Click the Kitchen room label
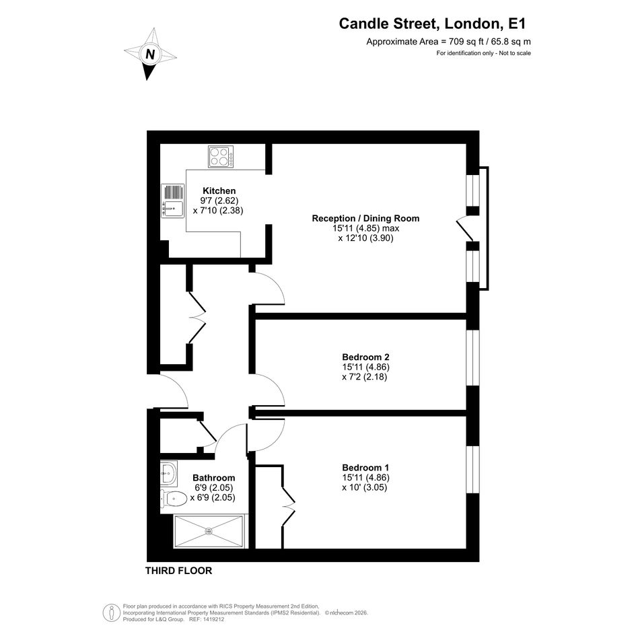tap(219, 190)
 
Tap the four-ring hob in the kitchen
tap(221, 157)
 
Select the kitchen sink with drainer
tap(173, 201)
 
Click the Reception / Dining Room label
tap(365, 218)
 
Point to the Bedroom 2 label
tap(365, 357)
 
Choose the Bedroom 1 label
tap(365, 467)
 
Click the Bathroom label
tap(214, 477)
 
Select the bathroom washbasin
tap(169, 473)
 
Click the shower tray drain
tap(209, 531)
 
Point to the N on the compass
tap(150, 54)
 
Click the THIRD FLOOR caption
tap(178, 571)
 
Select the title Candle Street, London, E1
tap(432, 24)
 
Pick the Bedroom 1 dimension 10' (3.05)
tap(364, 487)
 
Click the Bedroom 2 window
tap(473, 358)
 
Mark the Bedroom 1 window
tap(473, 469)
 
